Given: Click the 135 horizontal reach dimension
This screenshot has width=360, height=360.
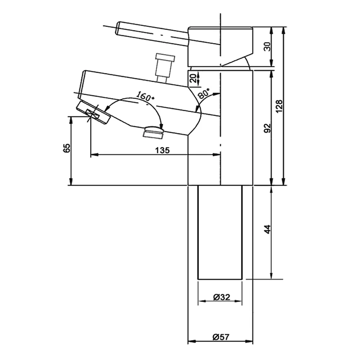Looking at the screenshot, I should pyautogui.click(x=162, y=150).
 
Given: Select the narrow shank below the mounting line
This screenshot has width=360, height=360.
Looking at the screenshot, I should pyautogui.click(x=220, y=232).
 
